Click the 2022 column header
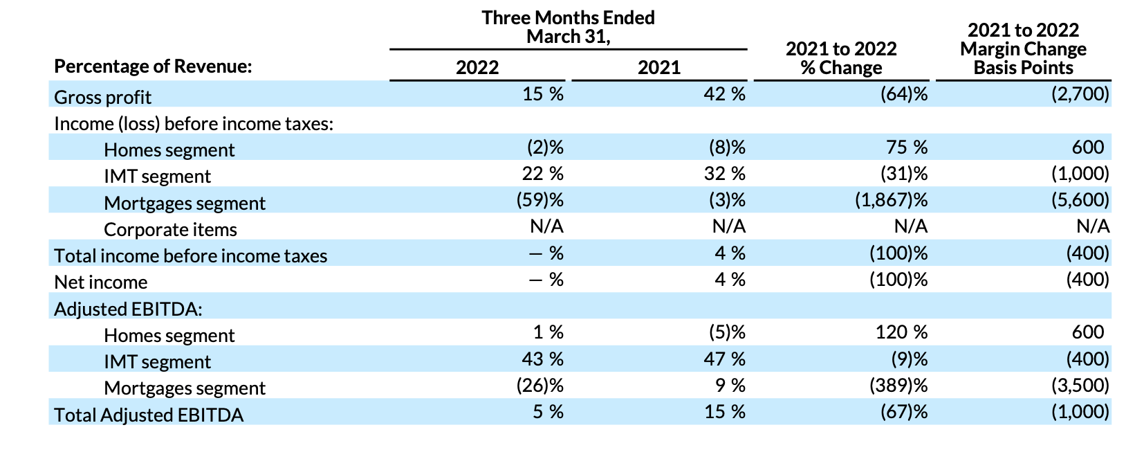tap(477, 67)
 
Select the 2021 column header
tap(658, 67)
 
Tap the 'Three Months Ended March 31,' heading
tap(568, 27)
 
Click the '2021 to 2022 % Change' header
tap(841, 58)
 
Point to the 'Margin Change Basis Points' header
tap(1023, 49)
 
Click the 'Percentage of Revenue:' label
tap(153, 66)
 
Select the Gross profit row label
tap(102, 97)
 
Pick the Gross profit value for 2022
tap(542, 94)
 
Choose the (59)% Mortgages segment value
tap(539, 200)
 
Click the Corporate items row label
tap(170, 229)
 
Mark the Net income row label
tap(100, 282)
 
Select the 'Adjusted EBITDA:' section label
tap(128, 309)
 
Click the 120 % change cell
tap(901, 332)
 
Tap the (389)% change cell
tap(898, 385)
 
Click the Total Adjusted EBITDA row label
tap(149, 415)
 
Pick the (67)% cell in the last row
tap(903, 412)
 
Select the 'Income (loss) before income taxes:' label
tap(194, 123)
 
